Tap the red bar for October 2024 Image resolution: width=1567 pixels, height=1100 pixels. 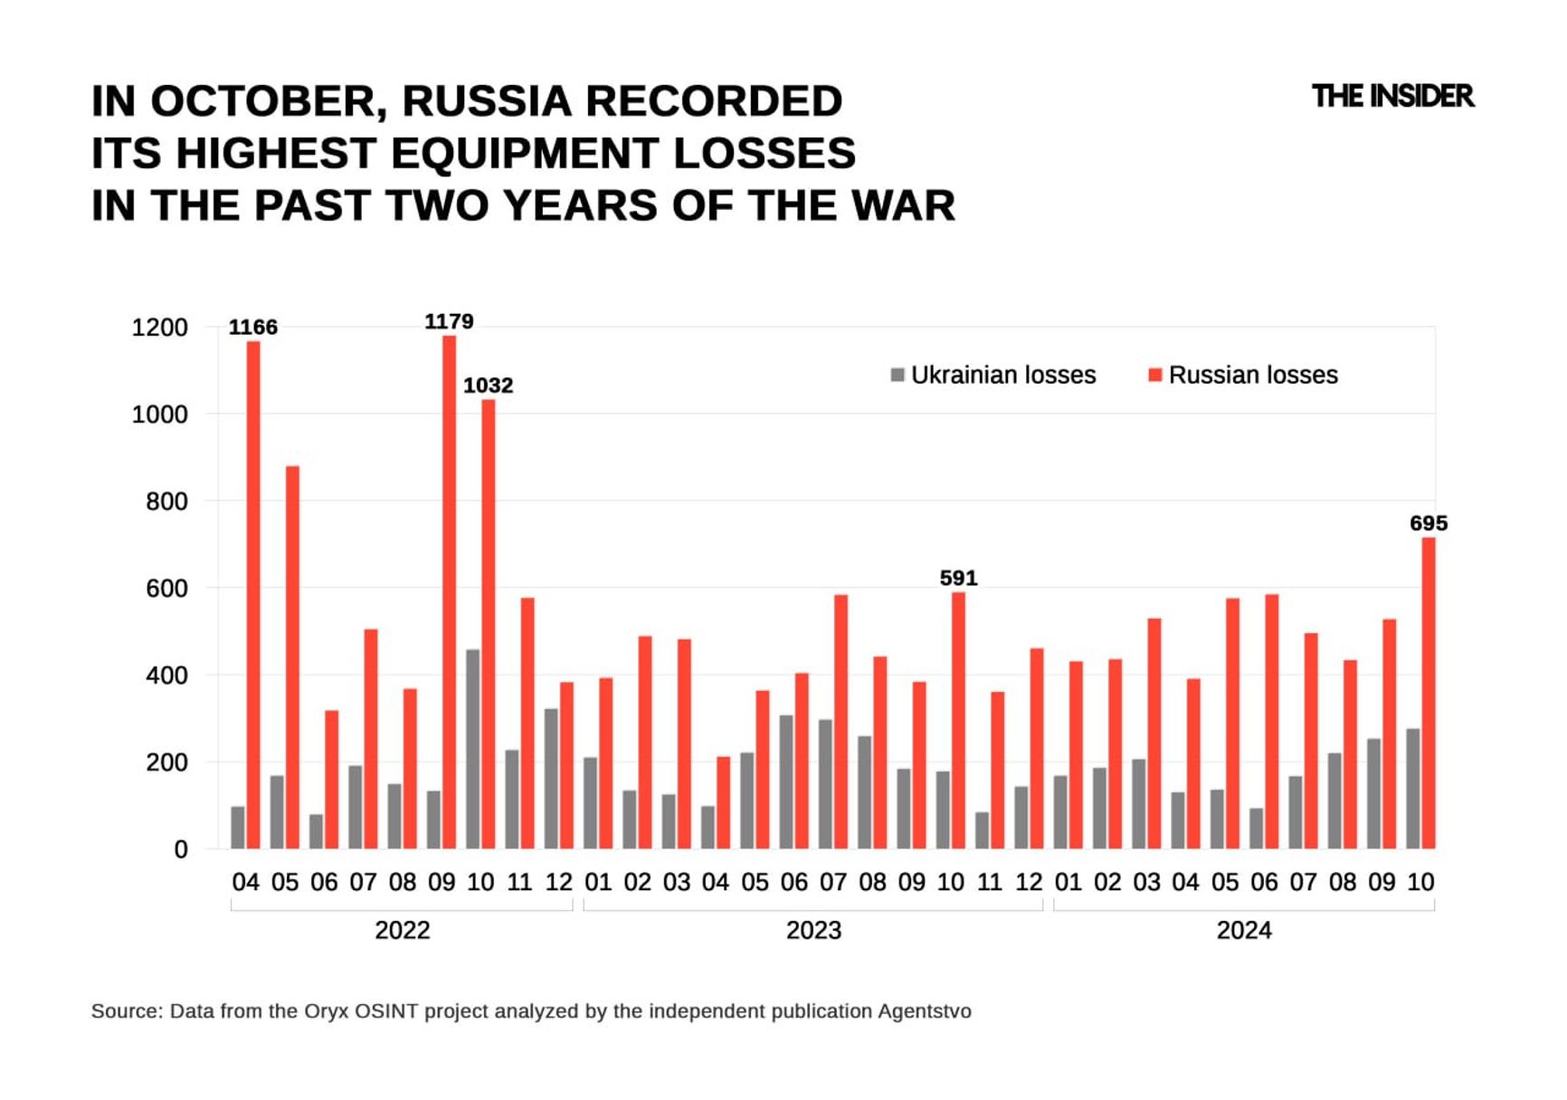pyautogui.click(x=1429, y=693)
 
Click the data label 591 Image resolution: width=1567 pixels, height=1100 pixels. pyautogui.click(x=958, y=578)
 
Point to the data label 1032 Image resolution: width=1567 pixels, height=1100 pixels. pyautogui.click(x=488, y=385)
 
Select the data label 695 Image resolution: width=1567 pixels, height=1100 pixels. pyautogui.click(x=1429, y=524)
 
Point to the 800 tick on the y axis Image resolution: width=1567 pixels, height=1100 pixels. pyautogui.click(x=166, y=501)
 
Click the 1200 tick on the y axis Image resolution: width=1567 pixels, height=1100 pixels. pyautogui.click(x=159, y=327)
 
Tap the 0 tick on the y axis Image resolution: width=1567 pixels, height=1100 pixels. pyautogui.click(x=181, y=849)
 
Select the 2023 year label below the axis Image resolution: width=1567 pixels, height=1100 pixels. pyautogui.click(x=813, y=930)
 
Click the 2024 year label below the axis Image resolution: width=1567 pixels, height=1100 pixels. pyautogui.click(x=1244, y=930)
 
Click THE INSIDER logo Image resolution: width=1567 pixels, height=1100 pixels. pyautogui.click(x=1392, y=96)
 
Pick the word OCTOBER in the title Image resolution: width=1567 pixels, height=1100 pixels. pyautogui.click(x=269, y=101)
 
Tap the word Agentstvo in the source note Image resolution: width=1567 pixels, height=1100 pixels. pyautogui.click(x=924, y=1011)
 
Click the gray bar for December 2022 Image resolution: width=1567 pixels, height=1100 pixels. pyautogui.click(x=551, y=779)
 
